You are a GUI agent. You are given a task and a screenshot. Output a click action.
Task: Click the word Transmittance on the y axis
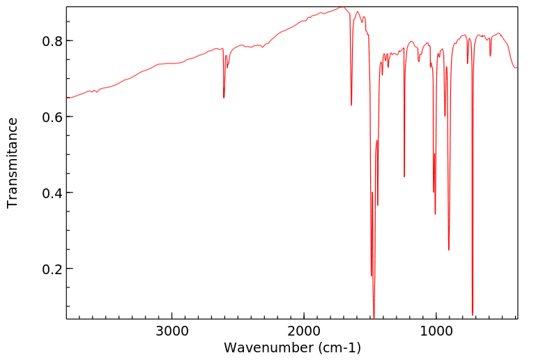point(13,163)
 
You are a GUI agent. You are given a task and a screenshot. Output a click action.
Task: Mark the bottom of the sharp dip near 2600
point(224,98)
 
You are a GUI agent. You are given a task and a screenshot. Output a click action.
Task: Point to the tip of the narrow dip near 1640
point(351,105)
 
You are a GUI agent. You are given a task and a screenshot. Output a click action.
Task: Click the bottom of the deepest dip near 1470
point(374,317)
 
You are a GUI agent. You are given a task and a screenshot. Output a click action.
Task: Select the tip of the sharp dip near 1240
point(404,177)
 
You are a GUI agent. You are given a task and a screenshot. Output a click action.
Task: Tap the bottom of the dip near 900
point(449,250)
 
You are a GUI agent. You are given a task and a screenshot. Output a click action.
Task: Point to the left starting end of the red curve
point(67,98)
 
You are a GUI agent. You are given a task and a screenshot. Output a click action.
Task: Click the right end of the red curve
point(517,67)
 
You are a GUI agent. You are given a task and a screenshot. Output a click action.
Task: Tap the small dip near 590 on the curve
point(490,56)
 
